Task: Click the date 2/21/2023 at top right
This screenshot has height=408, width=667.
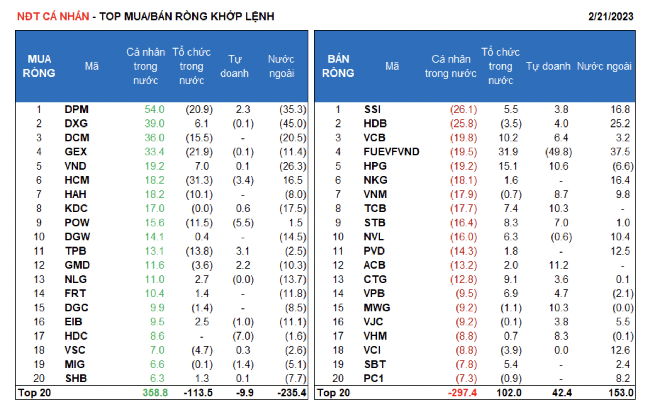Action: pyautogui.click(x=610, y=17)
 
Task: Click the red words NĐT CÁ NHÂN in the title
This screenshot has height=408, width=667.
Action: pyautogui.click(x=53, y=17)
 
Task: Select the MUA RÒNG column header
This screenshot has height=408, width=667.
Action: pyautogui.click(x=39, y=66)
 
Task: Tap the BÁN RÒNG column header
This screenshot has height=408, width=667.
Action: pyautogui.click(x=338, y=66)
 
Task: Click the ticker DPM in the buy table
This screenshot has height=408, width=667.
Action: pyautogui.click(x=76, y=109)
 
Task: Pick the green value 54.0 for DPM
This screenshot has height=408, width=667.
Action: pyautogui.click(x=154, y=109)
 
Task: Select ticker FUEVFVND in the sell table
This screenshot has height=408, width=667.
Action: pyautogui.click(x=391, y=152)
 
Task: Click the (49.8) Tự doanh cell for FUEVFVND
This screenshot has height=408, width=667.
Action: pyautogui.click(x=559, y=152)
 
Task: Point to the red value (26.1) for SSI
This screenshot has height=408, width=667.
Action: pyautogui.click(x=464, y=109)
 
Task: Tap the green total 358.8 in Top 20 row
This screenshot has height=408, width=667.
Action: pyautogui.click(x=155, y=393)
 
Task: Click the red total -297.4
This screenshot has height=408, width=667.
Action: pyautogui.click(x=462, y=393)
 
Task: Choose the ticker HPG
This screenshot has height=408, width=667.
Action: pyautogui.click(x=375, y=166)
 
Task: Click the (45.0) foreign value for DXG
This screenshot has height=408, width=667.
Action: pyautogui.click(x=292, y=124)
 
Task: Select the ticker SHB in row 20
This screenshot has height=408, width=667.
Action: pyautogui.click(x=76, y=379)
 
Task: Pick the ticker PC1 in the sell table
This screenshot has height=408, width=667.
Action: pyautogui.click(x=374, y=379)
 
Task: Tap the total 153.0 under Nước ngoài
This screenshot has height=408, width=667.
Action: pyautogui.click(x=621, y=393)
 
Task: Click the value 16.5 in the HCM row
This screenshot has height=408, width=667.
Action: pyautogui.click(x=293, y=180)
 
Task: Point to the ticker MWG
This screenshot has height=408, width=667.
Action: pyautogui.click(x=377, y=308)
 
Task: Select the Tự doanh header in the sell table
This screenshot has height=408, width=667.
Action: pyautogui.click(x=548, y=66)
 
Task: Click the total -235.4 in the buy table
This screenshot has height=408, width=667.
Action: pyautogui.click(x=291, y=393)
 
